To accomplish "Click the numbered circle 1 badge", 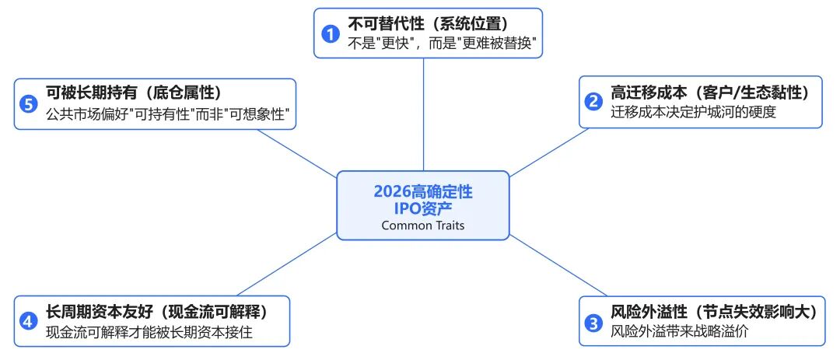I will (331, 33).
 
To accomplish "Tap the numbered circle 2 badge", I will (593, 102).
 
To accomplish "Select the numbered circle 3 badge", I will (593, 321).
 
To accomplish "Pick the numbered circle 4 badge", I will (28, 321).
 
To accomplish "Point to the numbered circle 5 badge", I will (28, 103).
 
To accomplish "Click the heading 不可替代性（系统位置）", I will (433, 23).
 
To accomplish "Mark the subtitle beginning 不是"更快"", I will (443, 44).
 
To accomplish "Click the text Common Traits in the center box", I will (422, 225).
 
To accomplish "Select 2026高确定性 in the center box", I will (422, 191).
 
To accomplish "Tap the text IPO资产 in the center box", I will (422, 208).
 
